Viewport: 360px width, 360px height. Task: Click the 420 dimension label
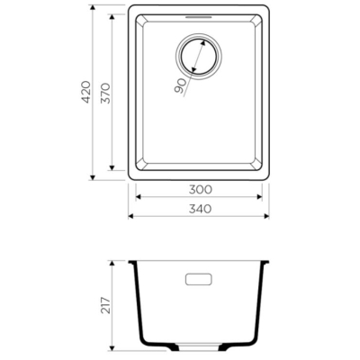[x=86, y=92]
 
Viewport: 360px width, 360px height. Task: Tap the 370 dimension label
[x=105, y=94]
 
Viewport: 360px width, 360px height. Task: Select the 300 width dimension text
[x=201, y=190]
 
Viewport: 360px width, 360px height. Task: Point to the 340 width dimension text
[x=201, y=209]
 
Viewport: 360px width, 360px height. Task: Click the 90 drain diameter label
[x=181, y=86]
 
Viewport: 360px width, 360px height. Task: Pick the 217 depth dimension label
[x=105, y=305]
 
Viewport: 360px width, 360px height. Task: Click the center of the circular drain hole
[x=199, y=57]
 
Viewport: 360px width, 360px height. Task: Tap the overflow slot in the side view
[x=199, y=279]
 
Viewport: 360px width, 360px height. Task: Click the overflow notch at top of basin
[x=199, y=17]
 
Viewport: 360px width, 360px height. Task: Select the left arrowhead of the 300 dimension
[x=139, y=197]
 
